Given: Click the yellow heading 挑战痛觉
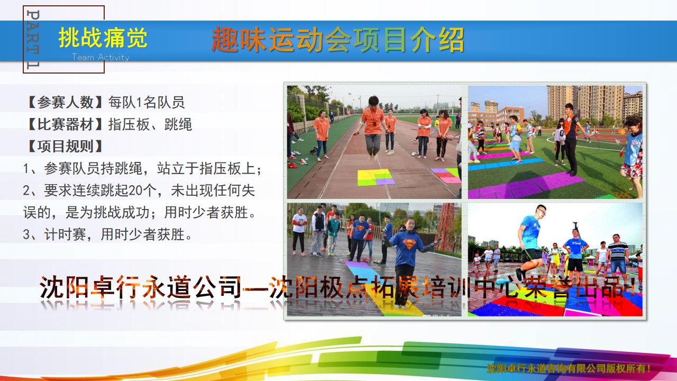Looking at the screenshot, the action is click(x=103, y=38).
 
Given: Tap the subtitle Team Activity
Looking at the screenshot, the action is click(x=100, y=57).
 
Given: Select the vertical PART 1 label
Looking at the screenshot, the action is click(x=33, y=39).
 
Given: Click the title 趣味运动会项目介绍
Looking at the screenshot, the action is click(x=337, y=39).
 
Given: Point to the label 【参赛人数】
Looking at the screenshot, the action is click(x=65, y=102).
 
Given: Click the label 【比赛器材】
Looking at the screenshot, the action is click(x=65, y=124).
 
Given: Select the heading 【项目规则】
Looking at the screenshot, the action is click(x=65, y=147).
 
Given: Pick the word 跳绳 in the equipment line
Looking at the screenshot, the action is click(x=178, y=124).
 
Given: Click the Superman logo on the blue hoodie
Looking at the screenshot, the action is click(x=409, y=244).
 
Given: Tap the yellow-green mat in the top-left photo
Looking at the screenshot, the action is click(x=376, y=177).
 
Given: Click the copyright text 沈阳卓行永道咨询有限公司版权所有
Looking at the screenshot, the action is click(x=568, y=368).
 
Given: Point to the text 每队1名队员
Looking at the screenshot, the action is click(x=147, y=102).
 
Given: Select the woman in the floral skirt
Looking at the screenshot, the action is click(x=632, y=157).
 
